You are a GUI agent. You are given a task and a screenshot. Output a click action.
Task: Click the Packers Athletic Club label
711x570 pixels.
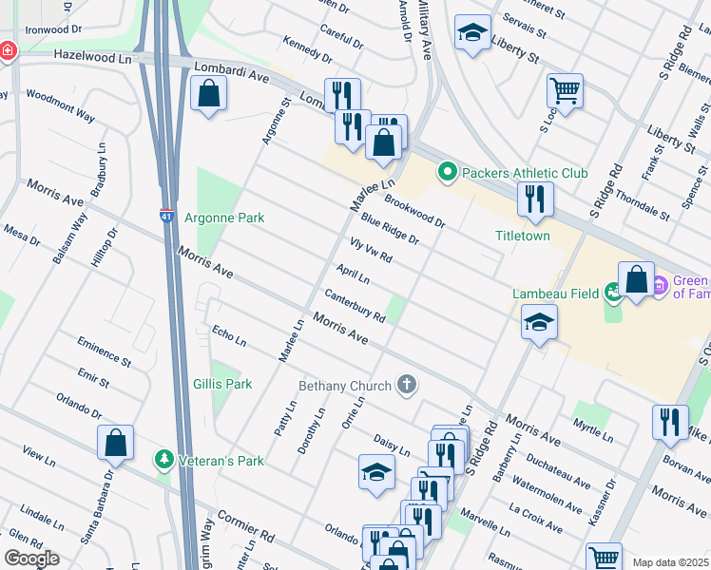pyautogui.click(x=525, y=172)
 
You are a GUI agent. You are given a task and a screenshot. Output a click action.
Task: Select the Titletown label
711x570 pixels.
pyautogui.click(x=522, y=236)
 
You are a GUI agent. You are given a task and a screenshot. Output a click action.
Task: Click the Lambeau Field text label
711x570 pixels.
pyautogui.click(x=553, y=294)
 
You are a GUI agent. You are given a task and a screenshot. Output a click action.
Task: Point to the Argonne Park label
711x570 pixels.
pyautogui.click(x=224, y=218)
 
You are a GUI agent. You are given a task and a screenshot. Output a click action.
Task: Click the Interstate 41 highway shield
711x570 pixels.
pyautogui.click(x=166, y=216)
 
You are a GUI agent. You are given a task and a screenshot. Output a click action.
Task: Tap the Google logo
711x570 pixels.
pyautogui.click(x=31, y=558)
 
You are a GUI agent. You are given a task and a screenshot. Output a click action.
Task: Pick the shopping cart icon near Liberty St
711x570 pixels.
pyautogui.click(x=565, y=91)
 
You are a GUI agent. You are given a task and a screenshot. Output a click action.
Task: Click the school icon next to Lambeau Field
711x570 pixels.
pyautogui.click(x=539, y=322)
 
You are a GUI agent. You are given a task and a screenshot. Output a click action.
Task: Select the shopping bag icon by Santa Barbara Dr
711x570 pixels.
pyautogui.click(x=115, y=442)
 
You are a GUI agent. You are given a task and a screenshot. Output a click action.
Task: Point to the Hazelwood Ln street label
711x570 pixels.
pyautogui.click(x=93, y=58)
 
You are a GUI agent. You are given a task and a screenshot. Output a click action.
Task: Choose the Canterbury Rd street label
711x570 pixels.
pyautogui.click(x=354, y=304)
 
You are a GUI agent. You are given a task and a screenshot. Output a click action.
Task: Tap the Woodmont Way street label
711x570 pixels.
pyautogui.click(x=59, y=105)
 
